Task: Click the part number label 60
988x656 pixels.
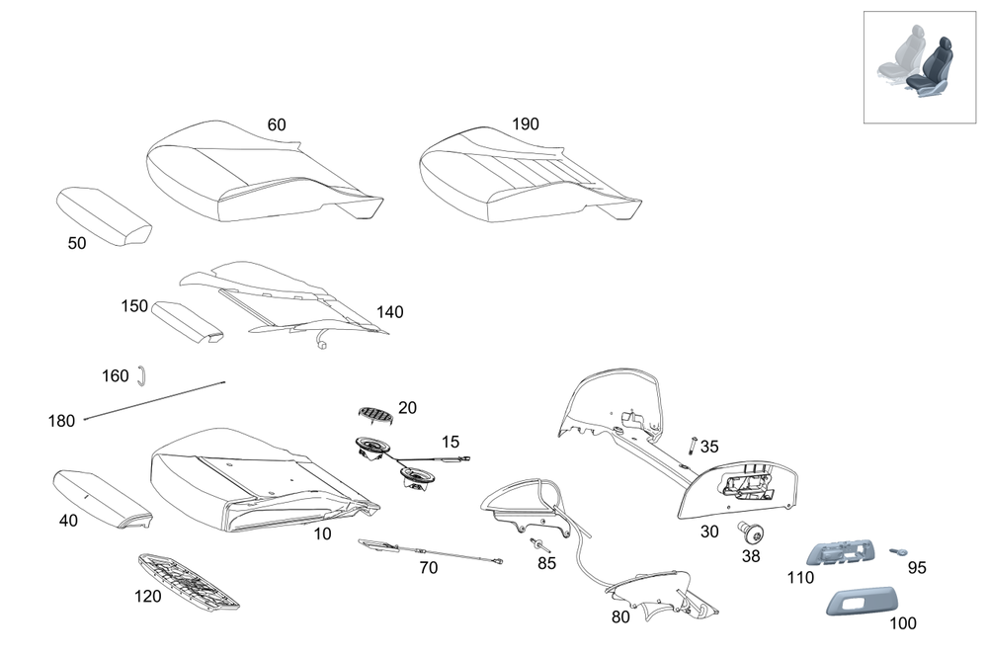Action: point(277,125)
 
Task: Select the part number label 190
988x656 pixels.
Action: point(526,124)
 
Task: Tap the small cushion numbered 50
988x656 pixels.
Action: point(103,215)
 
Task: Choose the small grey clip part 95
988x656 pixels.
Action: point(899,551)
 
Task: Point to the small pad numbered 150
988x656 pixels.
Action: point(186,321)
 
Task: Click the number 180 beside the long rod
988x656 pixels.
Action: point(61,421)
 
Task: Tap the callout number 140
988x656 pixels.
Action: point(389,312)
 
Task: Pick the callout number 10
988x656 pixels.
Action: point(323,534)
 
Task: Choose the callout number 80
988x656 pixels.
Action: point(620,617)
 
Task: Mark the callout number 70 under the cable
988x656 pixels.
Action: point(428,568)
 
